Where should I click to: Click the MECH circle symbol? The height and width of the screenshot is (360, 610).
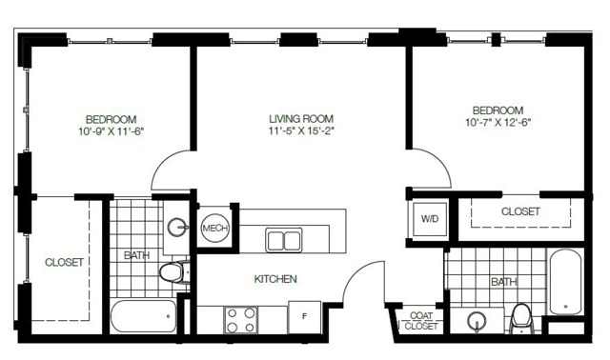(x=215, y=229)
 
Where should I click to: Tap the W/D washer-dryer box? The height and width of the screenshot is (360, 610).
(x=430, y=219)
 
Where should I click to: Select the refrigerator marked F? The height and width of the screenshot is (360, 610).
(x=305, y=317)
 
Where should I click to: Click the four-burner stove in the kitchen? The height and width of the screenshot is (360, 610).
(x=241, y=320)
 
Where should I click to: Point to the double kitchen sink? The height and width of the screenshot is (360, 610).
(x=284, y=240)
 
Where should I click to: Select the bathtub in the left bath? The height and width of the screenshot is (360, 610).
(x=144, y=316)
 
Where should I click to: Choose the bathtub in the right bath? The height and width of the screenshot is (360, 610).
(x=565, y=282)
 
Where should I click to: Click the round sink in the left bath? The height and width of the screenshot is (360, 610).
(x=177, y=227)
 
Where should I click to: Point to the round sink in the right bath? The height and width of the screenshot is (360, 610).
(x=477, y=321)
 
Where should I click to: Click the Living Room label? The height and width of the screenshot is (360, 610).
(x=301, y=119)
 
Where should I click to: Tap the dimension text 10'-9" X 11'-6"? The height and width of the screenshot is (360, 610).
(x=112, y=131)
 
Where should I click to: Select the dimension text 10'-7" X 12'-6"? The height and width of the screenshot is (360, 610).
(x=498, y=123)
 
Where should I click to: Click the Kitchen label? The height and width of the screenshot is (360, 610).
(x=275, y=279)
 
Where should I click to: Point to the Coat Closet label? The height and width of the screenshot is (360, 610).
(x=421, y=321)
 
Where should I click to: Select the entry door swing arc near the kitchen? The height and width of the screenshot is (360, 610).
(x=355, y=272)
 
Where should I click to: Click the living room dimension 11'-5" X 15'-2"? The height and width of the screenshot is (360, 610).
(x=301, y=131)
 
